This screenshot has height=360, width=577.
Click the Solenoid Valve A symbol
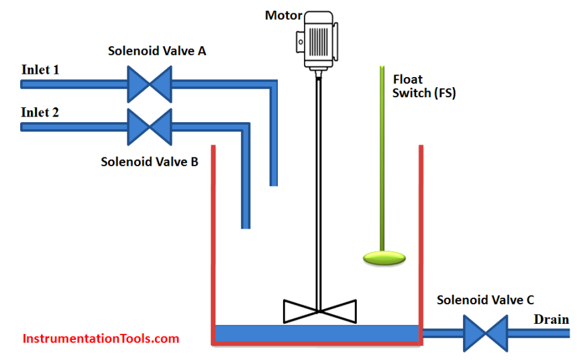tap(150, 84)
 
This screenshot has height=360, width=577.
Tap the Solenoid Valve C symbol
tap(486, 332)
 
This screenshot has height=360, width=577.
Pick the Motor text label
tap(283, 15)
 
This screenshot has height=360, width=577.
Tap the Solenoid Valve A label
tap(156, 52)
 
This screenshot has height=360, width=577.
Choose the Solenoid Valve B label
tap(149, 161)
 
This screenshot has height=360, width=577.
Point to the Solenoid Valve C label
tap(485, 300)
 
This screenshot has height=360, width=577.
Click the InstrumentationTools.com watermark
tap(101, 339)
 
